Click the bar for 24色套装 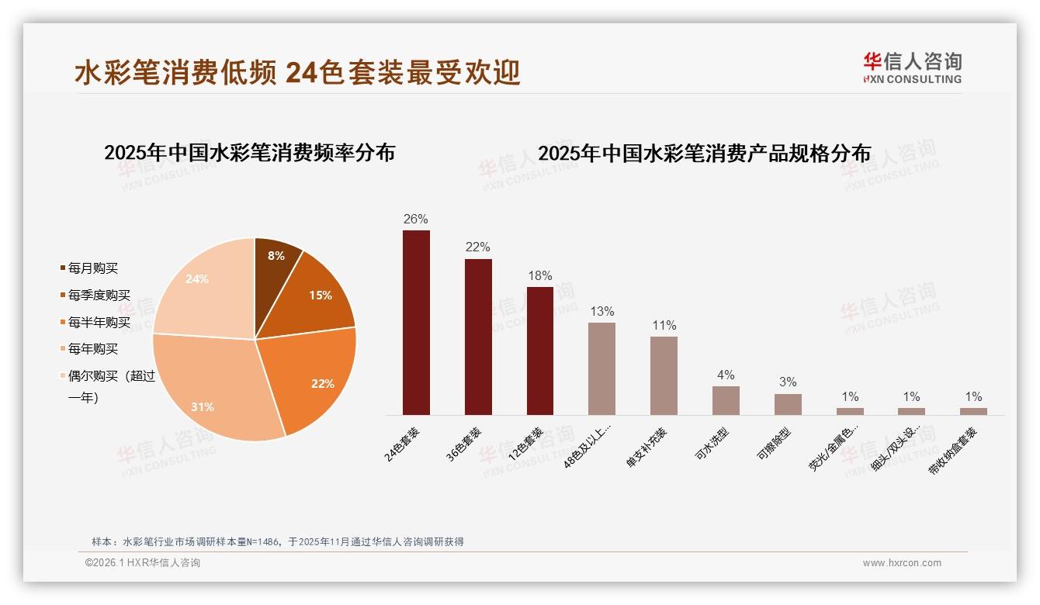click(416, 323)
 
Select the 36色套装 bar click(478, 337)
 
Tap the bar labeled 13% click(601, 368)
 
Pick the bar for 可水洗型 click(726, 400)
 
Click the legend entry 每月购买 click(92, 268)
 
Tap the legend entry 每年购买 click(92, 349)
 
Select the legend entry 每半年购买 click(99, 322)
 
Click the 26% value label click(415, 220)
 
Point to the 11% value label click(664, 326)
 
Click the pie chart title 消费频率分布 click(249, 153)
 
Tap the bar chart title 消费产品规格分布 click(704, 154)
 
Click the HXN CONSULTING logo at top click(913, 67)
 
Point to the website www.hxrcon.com click(902, 563)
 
